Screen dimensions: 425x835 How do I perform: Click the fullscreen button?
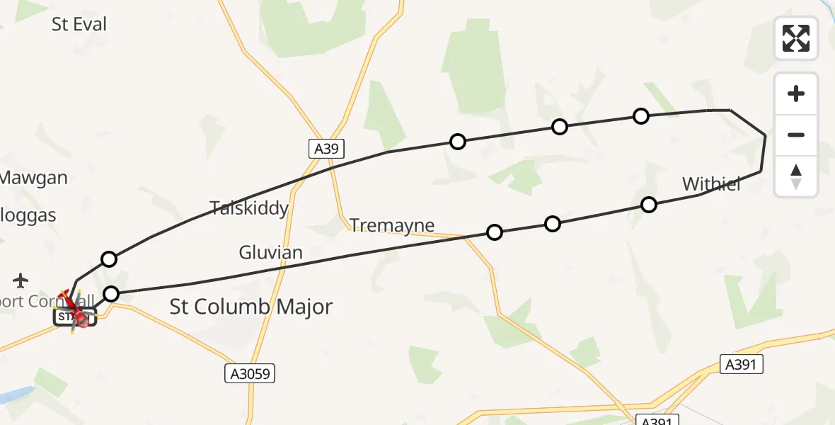[x=796, y=38]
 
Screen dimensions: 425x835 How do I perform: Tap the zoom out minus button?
[x=796, y=135]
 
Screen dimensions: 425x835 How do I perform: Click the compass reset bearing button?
[x=796, y=176]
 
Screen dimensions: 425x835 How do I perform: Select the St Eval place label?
[x=79, y=25]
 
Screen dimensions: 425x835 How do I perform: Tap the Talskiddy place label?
[x=249, y=208]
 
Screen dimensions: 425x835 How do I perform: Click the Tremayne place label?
[x=392, y=225]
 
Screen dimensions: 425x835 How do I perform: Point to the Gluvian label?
[x=270, y=252]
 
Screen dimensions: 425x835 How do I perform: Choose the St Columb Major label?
[x=251, y=307]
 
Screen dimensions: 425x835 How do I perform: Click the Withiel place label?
[x=711, y=185]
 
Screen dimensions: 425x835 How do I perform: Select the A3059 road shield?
[x=250, y=373]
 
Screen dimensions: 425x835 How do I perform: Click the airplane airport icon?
[x=21, y=280]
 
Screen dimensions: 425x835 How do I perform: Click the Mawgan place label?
[x=33, y=178]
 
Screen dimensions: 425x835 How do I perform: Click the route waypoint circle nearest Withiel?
[x=648, y=205]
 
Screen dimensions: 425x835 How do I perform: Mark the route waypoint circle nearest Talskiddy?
[x=108, y=259]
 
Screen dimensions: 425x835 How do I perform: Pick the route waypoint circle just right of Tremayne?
[x=495, y=232]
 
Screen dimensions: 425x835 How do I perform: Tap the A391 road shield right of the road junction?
[x=743, y=365]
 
